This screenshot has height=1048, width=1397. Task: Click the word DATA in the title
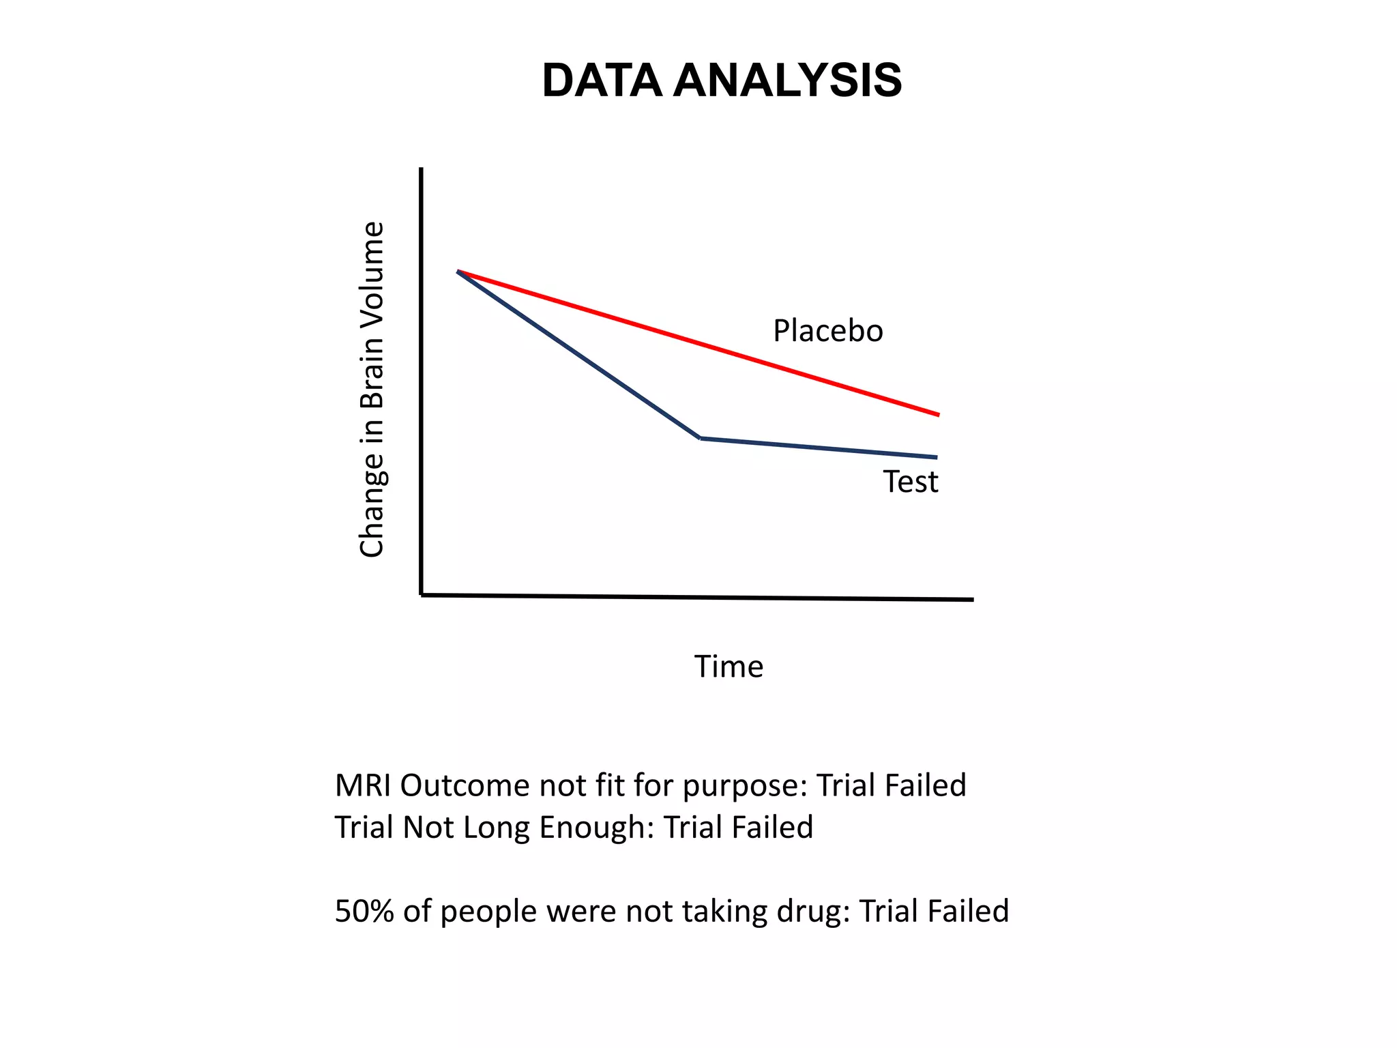click(601, 81)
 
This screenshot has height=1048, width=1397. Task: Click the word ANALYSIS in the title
click(787, 81)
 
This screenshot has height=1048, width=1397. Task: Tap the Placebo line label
click(827, 331)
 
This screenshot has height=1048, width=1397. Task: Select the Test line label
click(911, 482)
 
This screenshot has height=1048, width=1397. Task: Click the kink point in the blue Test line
click(701, 437)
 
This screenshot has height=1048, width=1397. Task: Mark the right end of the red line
click(939, 414)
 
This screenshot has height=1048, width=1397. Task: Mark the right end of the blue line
click(937, 457)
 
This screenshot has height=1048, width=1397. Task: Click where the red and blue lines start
click(458, 272)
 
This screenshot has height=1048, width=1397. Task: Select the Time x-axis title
click(729, 667)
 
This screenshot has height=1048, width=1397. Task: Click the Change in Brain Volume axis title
click(372, 390)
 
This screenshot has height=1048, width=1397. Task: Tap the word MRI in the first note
click(363, 786)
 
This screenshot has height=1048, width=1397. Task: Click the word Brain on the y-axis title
click(372, 382)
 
